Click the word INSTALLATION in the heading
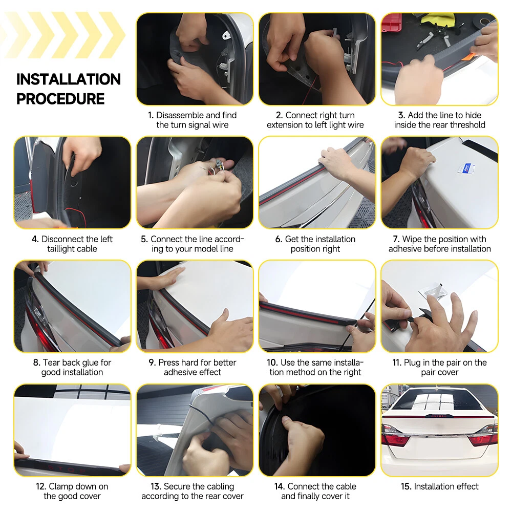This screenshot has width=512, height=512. [69, 79]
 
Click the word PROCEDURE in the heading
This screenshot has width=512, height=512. [60, 99]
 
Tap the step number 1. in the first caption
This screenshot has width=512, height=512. [151, 115]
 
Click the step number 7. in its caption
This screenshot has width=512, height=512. [396, 239]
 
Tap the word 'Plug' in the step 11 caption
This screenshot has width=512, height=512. [412, 363]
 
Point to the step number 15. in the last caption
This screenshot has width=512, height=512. [406, 486]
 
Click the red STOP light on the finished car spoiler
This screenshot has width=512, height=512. [439, 416]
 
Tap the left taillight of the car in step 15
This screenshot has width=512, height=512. [395, 435]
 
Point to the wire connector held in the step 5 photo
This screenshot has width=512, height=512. [218, 164]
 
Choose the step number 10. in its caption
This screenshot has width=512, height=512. [272, 363]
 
